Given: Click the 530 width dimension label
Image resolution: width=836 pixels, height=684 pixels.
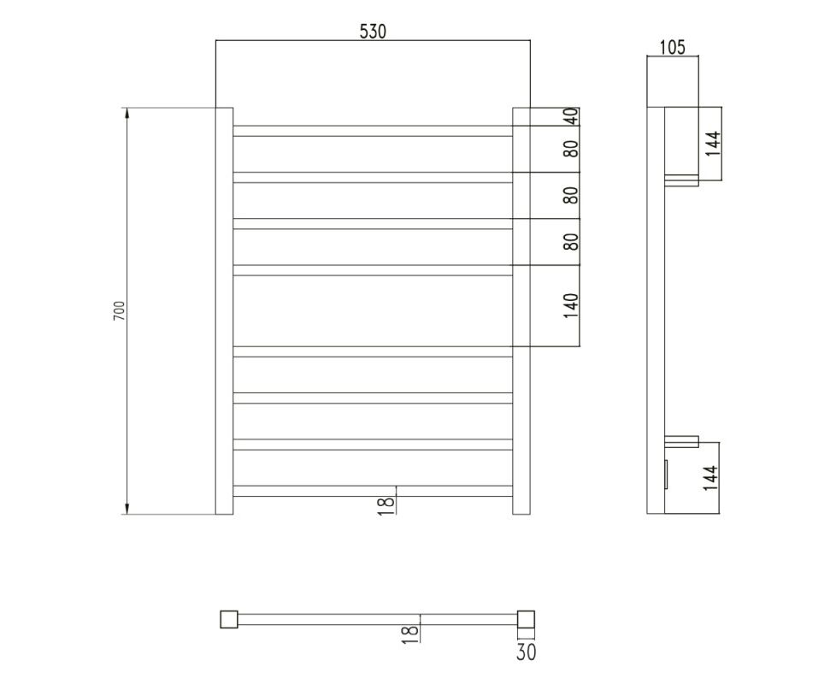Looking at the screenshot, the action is point(373,32).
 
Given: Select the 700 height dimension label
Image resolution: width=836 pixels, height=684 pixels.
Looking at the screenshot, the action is point(119,311).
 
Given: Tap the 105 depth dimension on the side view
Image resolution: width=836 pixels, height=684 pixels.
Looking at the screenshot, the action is point(673,47).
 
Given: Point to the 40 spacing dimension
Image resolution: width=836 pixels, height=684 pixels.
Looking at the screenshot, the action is point(571,116).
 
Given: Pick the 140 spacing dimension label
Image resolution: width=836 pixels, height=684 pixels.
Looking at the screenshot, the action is point(571,305).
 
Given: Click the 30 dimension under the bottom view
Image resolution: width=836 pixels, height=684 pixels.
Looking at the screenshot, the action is point(526,652).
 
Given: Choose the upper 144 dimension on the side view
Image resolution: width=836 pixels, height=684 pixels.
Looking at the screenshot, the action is point(713,144).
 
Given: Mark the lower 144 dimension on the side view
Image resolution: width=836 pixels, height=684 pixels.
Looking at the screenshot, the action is point(710,478).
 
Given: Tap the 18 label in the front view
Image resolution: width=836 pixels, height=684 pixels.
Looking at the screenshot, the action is point(386,505).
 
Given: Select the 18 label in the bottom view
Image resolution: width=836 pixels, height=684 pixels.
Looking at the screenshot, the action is point(409,634).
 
